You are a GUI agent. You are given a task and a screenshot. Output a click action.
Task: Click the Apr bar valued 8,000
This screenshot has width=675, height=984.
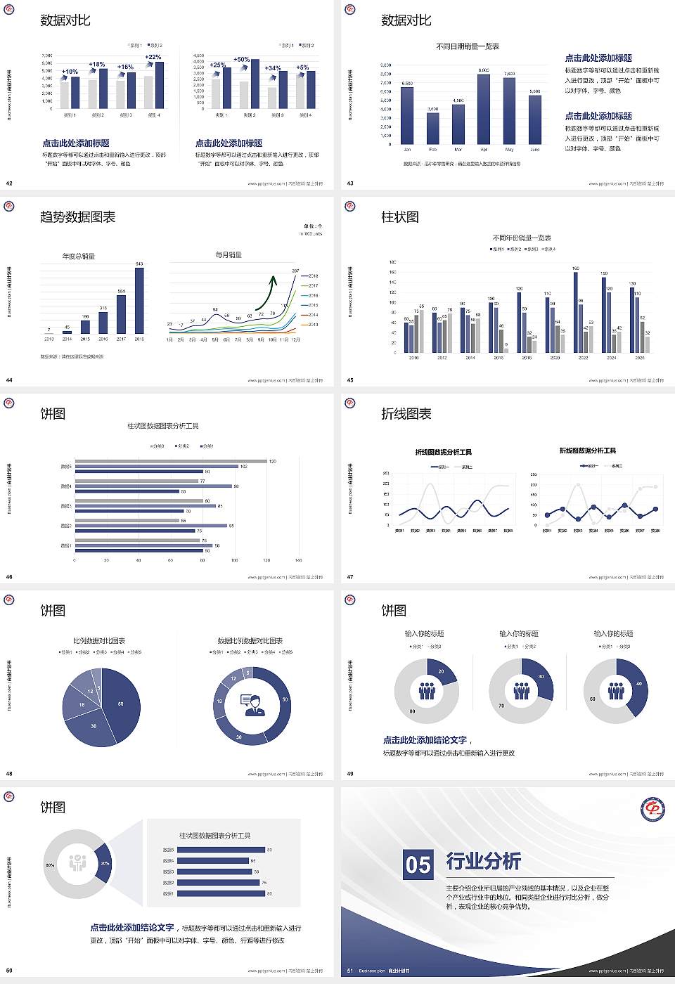point(484,108)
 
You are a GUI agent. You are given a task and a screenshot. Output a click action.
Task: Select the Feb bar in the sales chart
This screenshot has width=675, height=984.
point(432,128)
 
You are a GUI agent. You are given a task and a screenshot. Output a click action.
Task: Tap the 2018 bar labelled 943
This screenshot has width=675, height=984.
point(139,300)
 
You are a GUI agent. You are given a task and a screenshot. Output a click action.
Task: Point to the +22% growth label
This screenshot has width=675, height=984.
point(153,57)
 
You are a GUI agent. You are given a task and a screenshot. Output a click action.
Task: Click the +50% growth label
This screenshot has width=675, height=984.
point(241,60)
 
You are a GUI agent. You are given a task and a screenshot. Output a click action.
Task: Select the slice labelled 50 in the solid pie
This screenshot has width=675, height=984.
point(120,704)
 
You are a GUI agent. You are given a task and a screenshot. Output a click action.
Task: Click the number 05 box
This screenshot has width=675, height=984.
point(418,865)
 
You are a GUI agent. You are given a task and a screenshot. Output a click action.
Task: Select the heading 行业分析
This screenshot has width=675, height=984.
point(484,860)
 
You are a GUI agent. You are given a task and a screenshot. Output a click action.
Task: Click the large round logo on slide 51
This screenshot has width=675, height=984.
point(652,809)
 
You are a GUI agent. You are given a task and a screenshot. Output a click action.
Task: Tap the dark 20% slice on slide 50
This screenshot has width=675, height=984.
point(104,863)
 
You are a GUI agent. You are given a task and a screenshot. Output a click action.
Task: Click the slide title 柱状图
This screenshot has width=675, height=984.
point(400,217)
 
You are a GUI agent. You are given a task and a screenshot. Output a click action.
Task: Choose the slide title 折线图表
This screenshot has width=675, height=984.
point(406,414)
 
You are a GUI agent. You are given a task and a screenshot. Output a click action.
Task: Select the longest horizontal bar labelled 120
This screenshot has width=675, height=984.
point(171,461)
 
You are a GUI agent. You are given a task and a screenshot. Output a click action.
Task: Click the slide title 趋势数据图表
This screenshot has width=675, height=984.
point(78,217)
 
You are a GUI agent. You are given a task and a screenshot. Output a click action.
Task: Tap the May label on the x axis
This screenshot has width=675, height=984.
point(509,150)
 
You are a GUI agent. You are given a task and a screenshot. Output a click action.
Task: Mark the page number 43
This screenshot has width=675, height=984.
point(350,183)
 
